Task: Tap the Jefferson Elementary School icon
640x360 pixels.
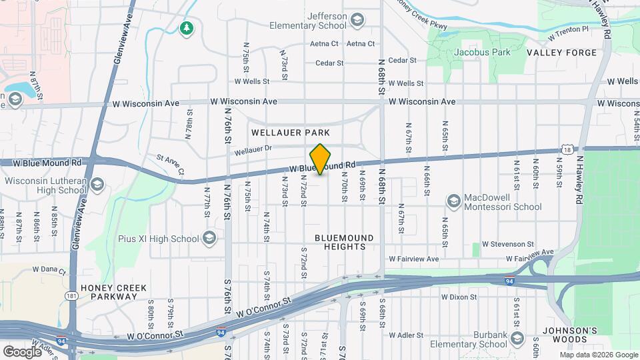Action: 357,19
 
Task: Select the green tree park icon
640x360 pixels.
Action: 187,27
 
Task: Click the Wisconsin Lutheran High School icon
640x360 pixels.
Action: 97,184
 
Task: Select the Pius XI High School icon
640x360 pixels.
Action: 209,238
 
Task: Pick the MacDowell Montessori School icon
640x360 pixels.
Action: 454,201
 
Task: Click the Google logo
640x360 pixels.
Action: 22,351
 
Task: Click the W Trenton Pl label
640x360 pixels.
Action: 567,29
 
